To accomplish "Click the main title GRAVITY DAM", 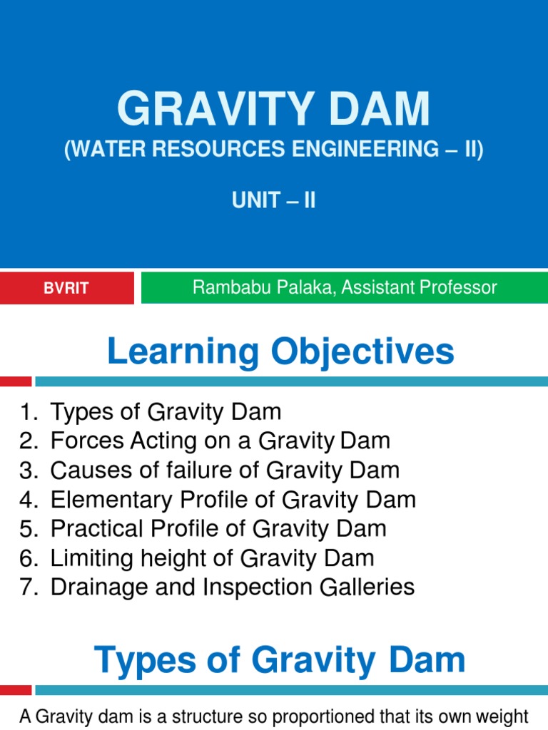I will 274,109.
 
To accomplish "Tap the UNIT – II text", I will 274,200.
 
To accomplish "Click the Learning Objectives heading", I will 280,352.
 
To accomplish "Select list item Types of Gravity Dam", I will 166,411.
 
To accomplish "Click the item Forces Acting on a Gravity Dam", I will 220,441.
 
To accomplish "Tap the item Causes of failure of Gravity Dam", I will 225,470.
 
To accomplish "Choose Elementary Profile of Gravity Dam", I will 233,499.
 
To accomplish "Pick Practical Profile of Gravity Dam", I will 218,528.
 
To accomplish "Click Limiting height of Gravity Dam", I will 212,557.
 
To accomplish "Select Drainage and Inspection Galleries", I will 233,587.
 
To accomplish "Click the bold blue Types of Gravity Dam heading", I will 280,660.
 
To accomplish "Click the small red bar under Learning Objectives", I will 16,381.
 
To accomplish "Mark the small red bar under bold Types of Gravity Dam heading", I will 16,689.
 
